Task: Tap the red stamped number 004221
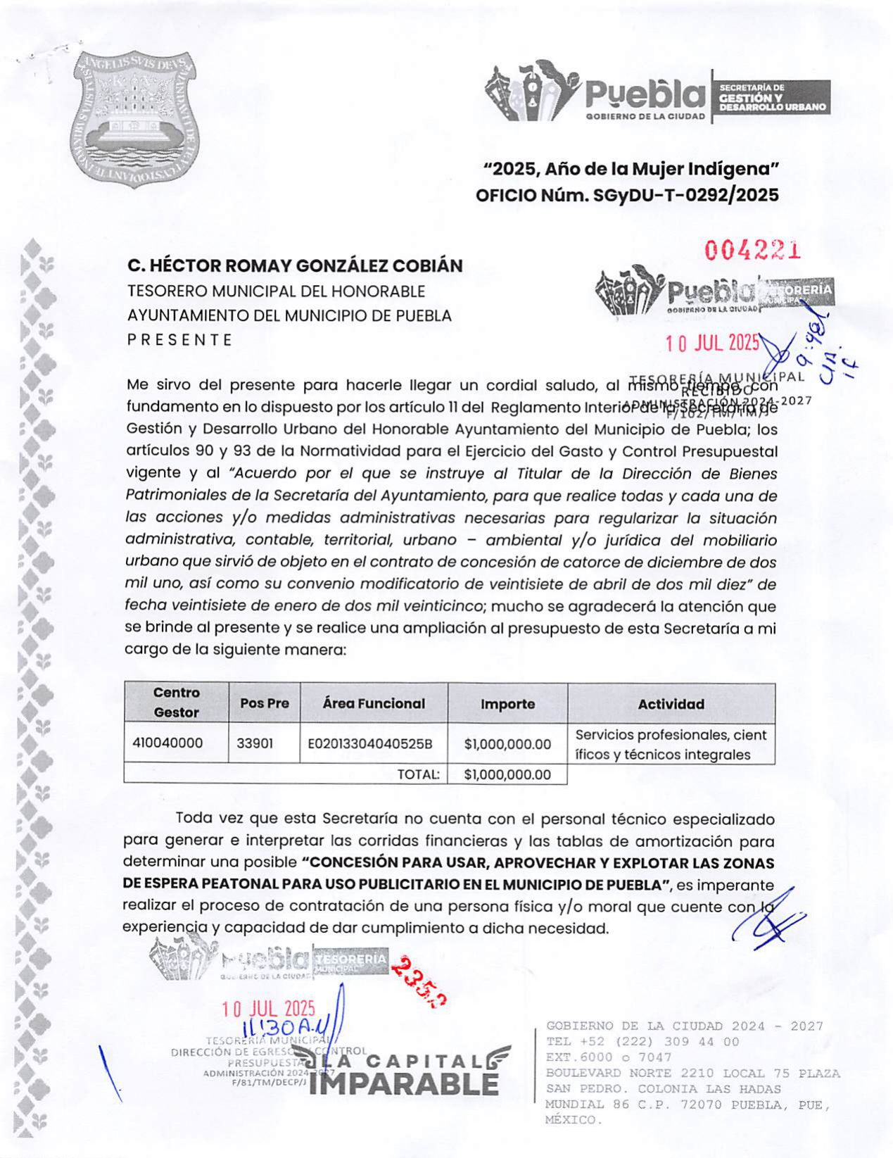point(753,249)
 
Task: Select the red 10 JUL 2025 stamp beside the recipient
point(712,343)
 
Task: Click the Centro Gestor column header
point(177,703)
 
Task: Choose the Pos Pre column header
point(265,703)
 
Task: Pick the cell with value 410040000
point(167,743)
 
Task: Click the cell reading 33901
point(255,743)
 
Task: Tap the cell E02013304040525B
point(370,744)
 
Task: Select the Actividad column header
point(671,704)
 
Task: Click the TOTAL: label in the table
point(418,774)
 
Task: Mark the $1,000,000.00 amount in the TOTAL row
point(507,774)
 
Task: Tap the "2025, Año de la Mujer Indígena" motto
point(631,169)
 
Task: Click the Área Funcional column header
point(374,703)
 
